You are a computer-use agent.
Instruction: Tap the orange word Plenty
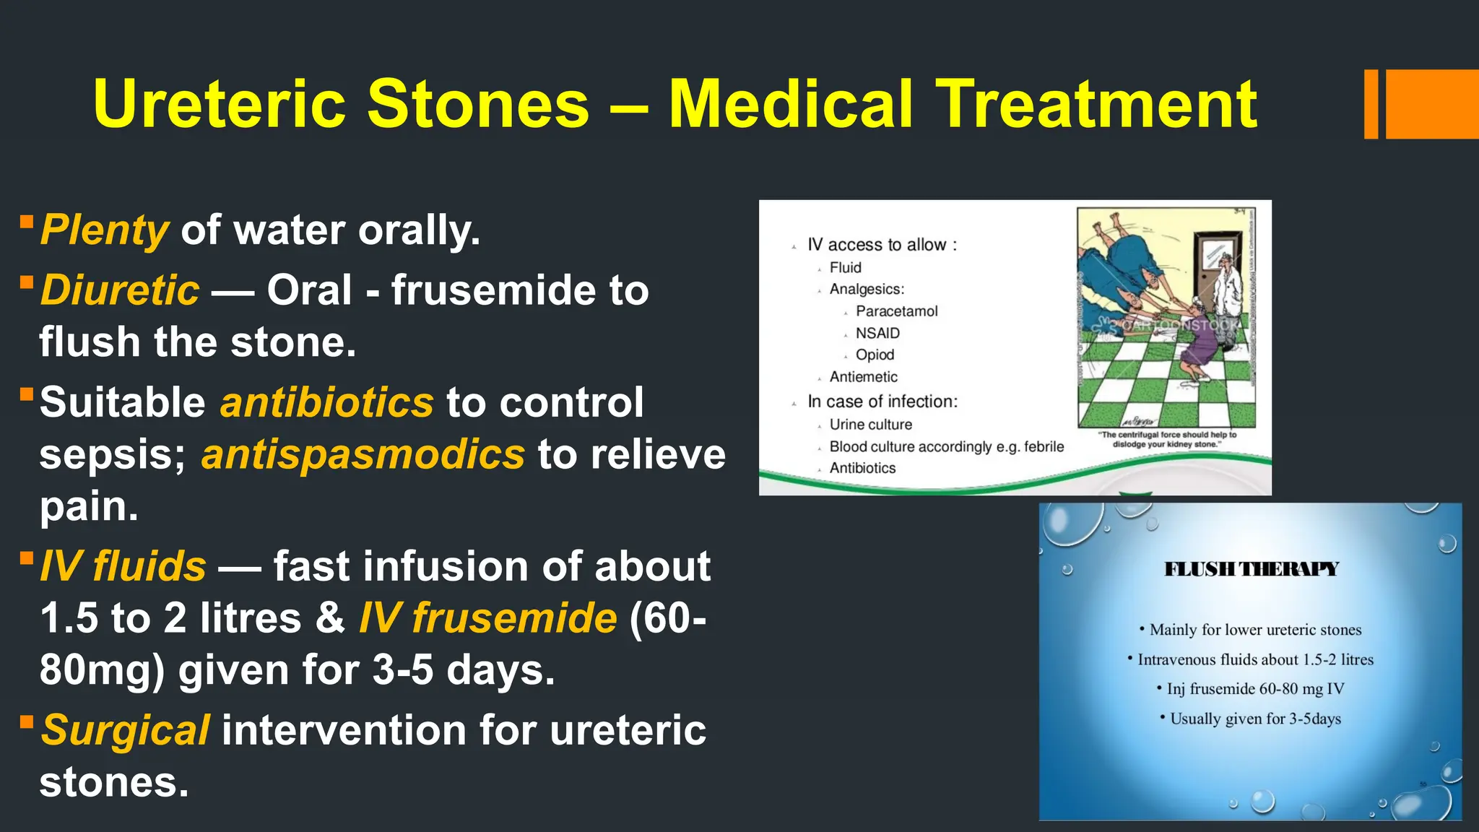(x=105, y=230)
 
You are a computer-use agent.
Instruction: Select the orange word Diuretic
(x=120, y=290)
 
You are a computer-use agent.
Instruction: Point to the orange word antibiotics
(x=326, y=402)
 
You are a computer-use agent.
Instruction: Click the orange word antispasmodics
(x=363, y=455)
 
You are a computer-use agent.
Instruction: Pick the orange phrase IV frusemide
(x=488, y=619)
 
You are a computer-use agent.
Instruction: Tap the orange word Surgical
(x=126, y=730)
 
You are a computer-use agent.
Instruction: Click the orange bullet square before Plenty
(x=27, y=221)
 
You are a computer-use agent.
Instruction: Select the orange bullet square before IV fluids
(x=27, y=558)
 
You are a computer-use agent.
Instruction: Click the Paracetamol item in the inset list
(x=896, y=311)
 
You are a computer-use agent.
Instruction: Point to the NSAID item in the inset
(x=877, y=333)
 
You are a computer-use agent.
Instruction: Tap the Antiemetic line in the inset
(x=863, y=377)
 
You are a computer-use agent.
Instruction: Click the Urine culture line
(x=870, y=425)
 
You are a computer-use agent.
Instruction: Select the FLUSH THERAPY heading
(x=1252, y=569)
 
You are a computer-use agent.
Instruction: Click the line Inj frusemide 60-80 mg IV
(x=1254, y=689)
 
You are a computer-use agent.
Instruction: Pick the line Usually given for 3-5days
(x=1254, y=719)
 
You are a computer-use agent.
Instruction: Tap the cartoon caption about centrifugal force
(x=1167, y=439)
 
